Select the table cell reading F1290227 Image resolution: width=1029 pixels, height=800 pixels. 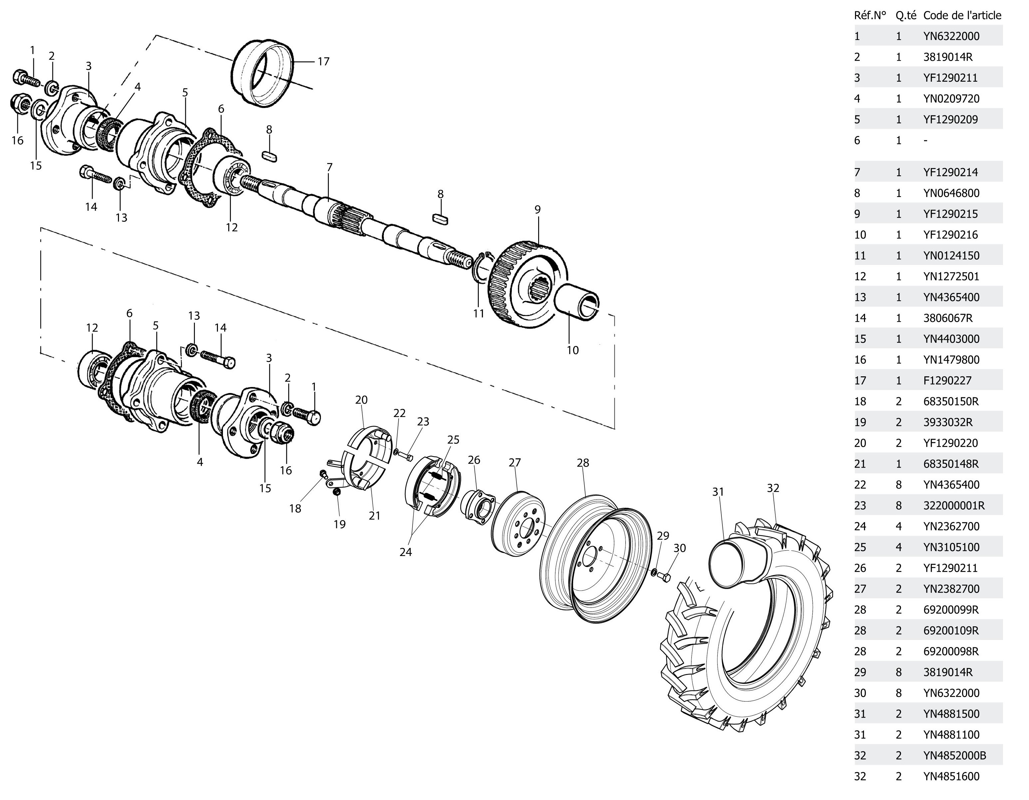coord(947,380)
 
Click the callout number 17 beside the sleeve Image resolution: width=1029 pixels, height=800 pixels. coord(323,61)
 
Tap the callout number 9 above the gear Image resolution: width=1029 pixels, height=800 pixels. coord(537,209)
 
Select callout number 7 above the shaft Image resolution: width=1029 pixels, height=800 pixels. coord(329,167)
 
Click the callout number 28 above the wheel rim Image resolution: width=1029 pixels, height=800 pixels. coord(583,463)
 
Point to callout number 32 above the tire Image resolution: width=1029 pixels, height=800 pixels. coord(773,488)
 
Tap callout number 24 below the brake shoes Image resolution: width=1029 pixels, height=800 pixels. coord(406,552)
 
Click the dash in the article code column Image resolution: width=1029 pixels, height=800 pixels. coord(926,140)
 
